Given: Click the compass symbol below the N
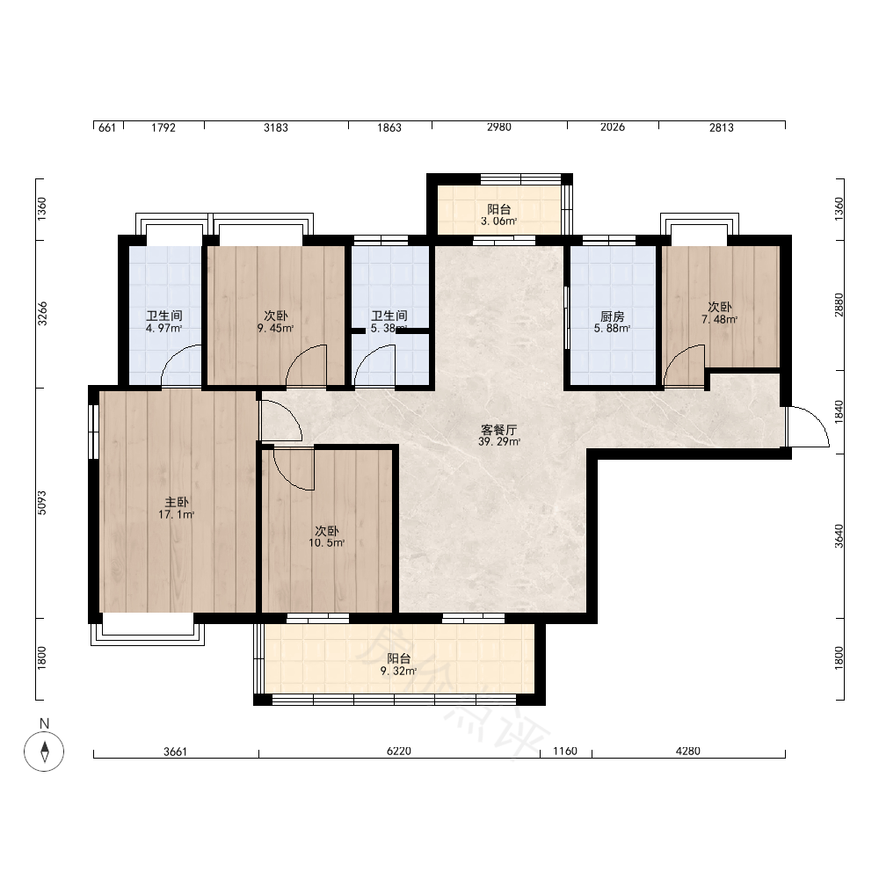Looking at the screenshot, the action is tap(44, 752).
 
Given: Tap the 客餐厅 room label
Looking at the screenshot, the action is tap(499, 430).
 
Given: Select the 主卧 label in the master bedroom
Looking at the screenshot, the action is tap(177, 502).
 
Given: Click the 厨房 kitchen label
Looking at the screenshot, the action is tap(612, 316).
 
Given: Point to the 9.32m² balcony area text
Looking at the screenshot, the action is tap(398, 671).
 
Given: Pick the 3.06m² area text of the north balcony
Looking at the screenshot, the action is tap(499, 222).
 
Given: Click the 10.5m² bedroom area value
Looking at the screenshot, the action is tap(327, 542).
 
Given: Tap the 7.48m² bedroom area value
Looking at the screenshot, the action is tap(720, 320).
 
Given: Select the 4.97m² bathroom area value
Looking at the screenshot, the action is tap(164, 329).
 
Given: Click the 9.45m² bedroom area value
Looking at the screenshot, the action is tap(276, 329).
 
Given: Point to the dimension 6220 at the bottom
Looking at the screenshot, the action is tap(399, 752).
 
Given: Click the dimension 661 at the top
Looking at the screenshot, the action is tap(107, 127).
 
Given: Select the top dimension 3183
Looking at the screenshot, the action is tap(276, 127).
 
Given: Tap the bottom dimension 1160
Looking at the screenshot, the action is tap(565, 752).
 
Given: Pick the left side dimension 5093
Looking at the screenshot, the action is tap(42, 503).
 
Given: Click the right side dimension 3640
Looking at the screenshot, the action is tap(839, 536).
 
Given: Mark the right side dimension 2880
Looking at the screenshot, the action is tap(839, 305).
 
